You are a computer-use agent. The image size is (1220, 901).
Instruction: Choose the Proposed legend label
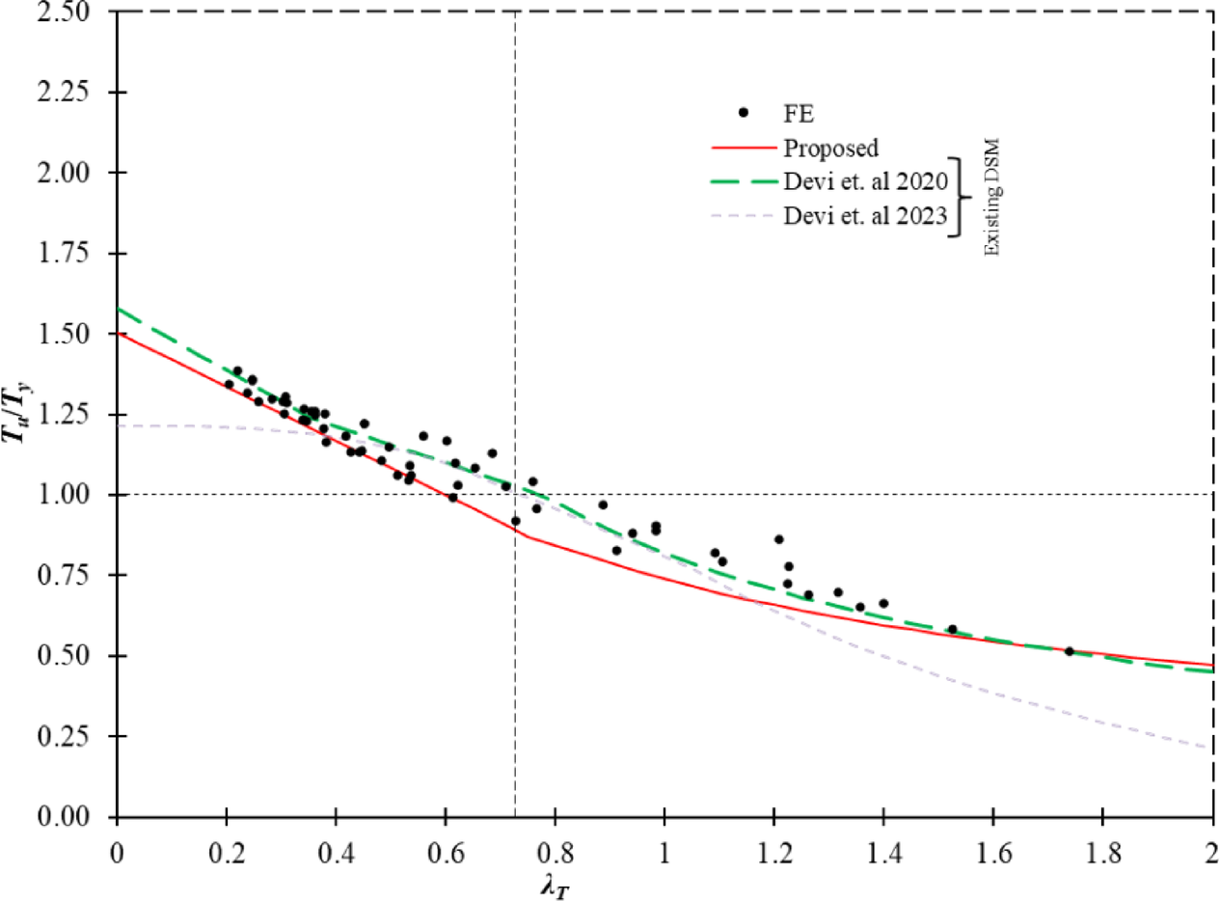pos(830,148)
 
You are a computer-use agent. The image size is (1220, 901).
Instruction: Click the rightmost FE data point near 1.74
pos(1069,651)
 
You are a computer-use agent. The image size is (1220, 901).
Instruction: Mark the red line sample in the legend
pos(743,148)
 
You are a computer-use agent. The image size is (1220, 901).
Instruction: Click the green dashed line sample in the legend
pos(743,181)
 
